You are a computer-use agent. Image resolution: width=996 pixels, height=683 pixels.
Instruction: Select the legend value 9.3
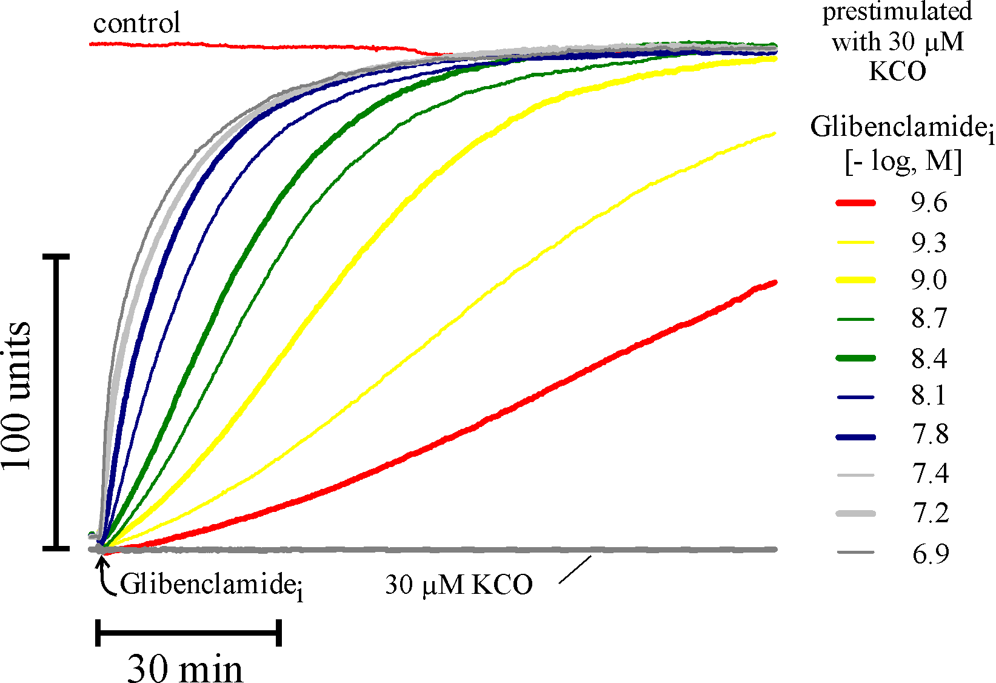pos(929,243)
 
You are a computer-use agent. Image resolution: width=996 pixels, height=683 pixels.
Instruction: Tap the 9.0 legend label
pos(929,280)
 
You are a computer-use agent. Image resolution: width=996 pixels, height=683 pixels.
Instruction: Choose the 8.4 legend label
pos(929,358)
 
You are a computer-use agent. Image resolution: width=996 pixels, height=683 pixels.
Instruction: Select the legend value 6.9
pos(930,553)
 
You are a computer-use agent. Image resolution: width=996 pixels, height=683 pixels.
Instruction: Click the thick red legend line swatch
pos(855,203)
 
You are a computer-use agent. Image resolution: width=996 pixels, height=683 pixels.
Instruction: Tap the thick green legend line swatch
pos(855,358)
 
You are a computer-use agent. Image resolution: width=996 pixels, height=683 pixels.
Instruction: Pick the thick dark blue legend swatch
pos(855,436)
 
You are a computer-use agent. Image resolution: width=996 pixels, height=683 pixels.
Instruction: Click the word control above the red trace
pos(136,24)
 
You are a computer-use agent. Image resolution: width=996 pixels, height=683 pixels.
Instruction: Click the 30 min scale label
pos(185,668)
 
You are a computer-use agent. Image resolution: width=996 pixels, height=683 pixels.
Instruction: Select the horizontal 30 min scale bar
pos(189,633)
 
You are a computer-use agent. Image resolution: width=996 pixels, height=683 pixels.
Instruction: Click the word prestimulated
pos(897,12)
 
